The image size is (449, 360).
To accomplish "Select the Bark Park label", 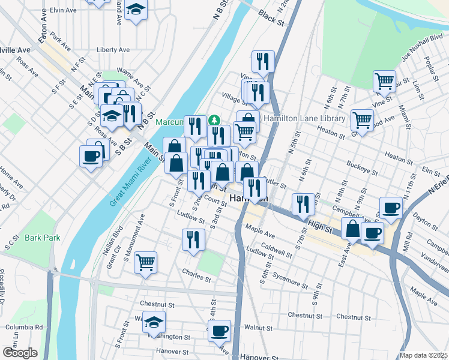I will pos(43,238).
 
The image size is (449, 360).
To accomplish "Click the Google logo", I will pos(20,352).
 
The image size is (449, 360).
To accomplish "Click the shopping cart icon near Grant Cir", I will pos(145,262).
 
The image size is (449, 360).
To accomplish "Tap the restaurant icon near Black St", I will pos(263,61).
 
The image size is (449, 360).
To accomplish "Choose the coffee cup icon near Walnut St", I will pos(220,329).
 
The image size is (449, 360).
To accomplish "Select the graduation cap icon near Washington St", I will pos(154,322).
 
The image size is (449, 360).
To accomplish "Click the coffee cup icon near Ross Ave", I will pos(91,157).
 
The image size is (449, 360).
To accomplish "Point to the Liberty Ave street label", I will pos(113,50).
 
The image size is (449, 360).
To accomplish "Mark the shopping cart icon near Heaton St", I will pos(362,119).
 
